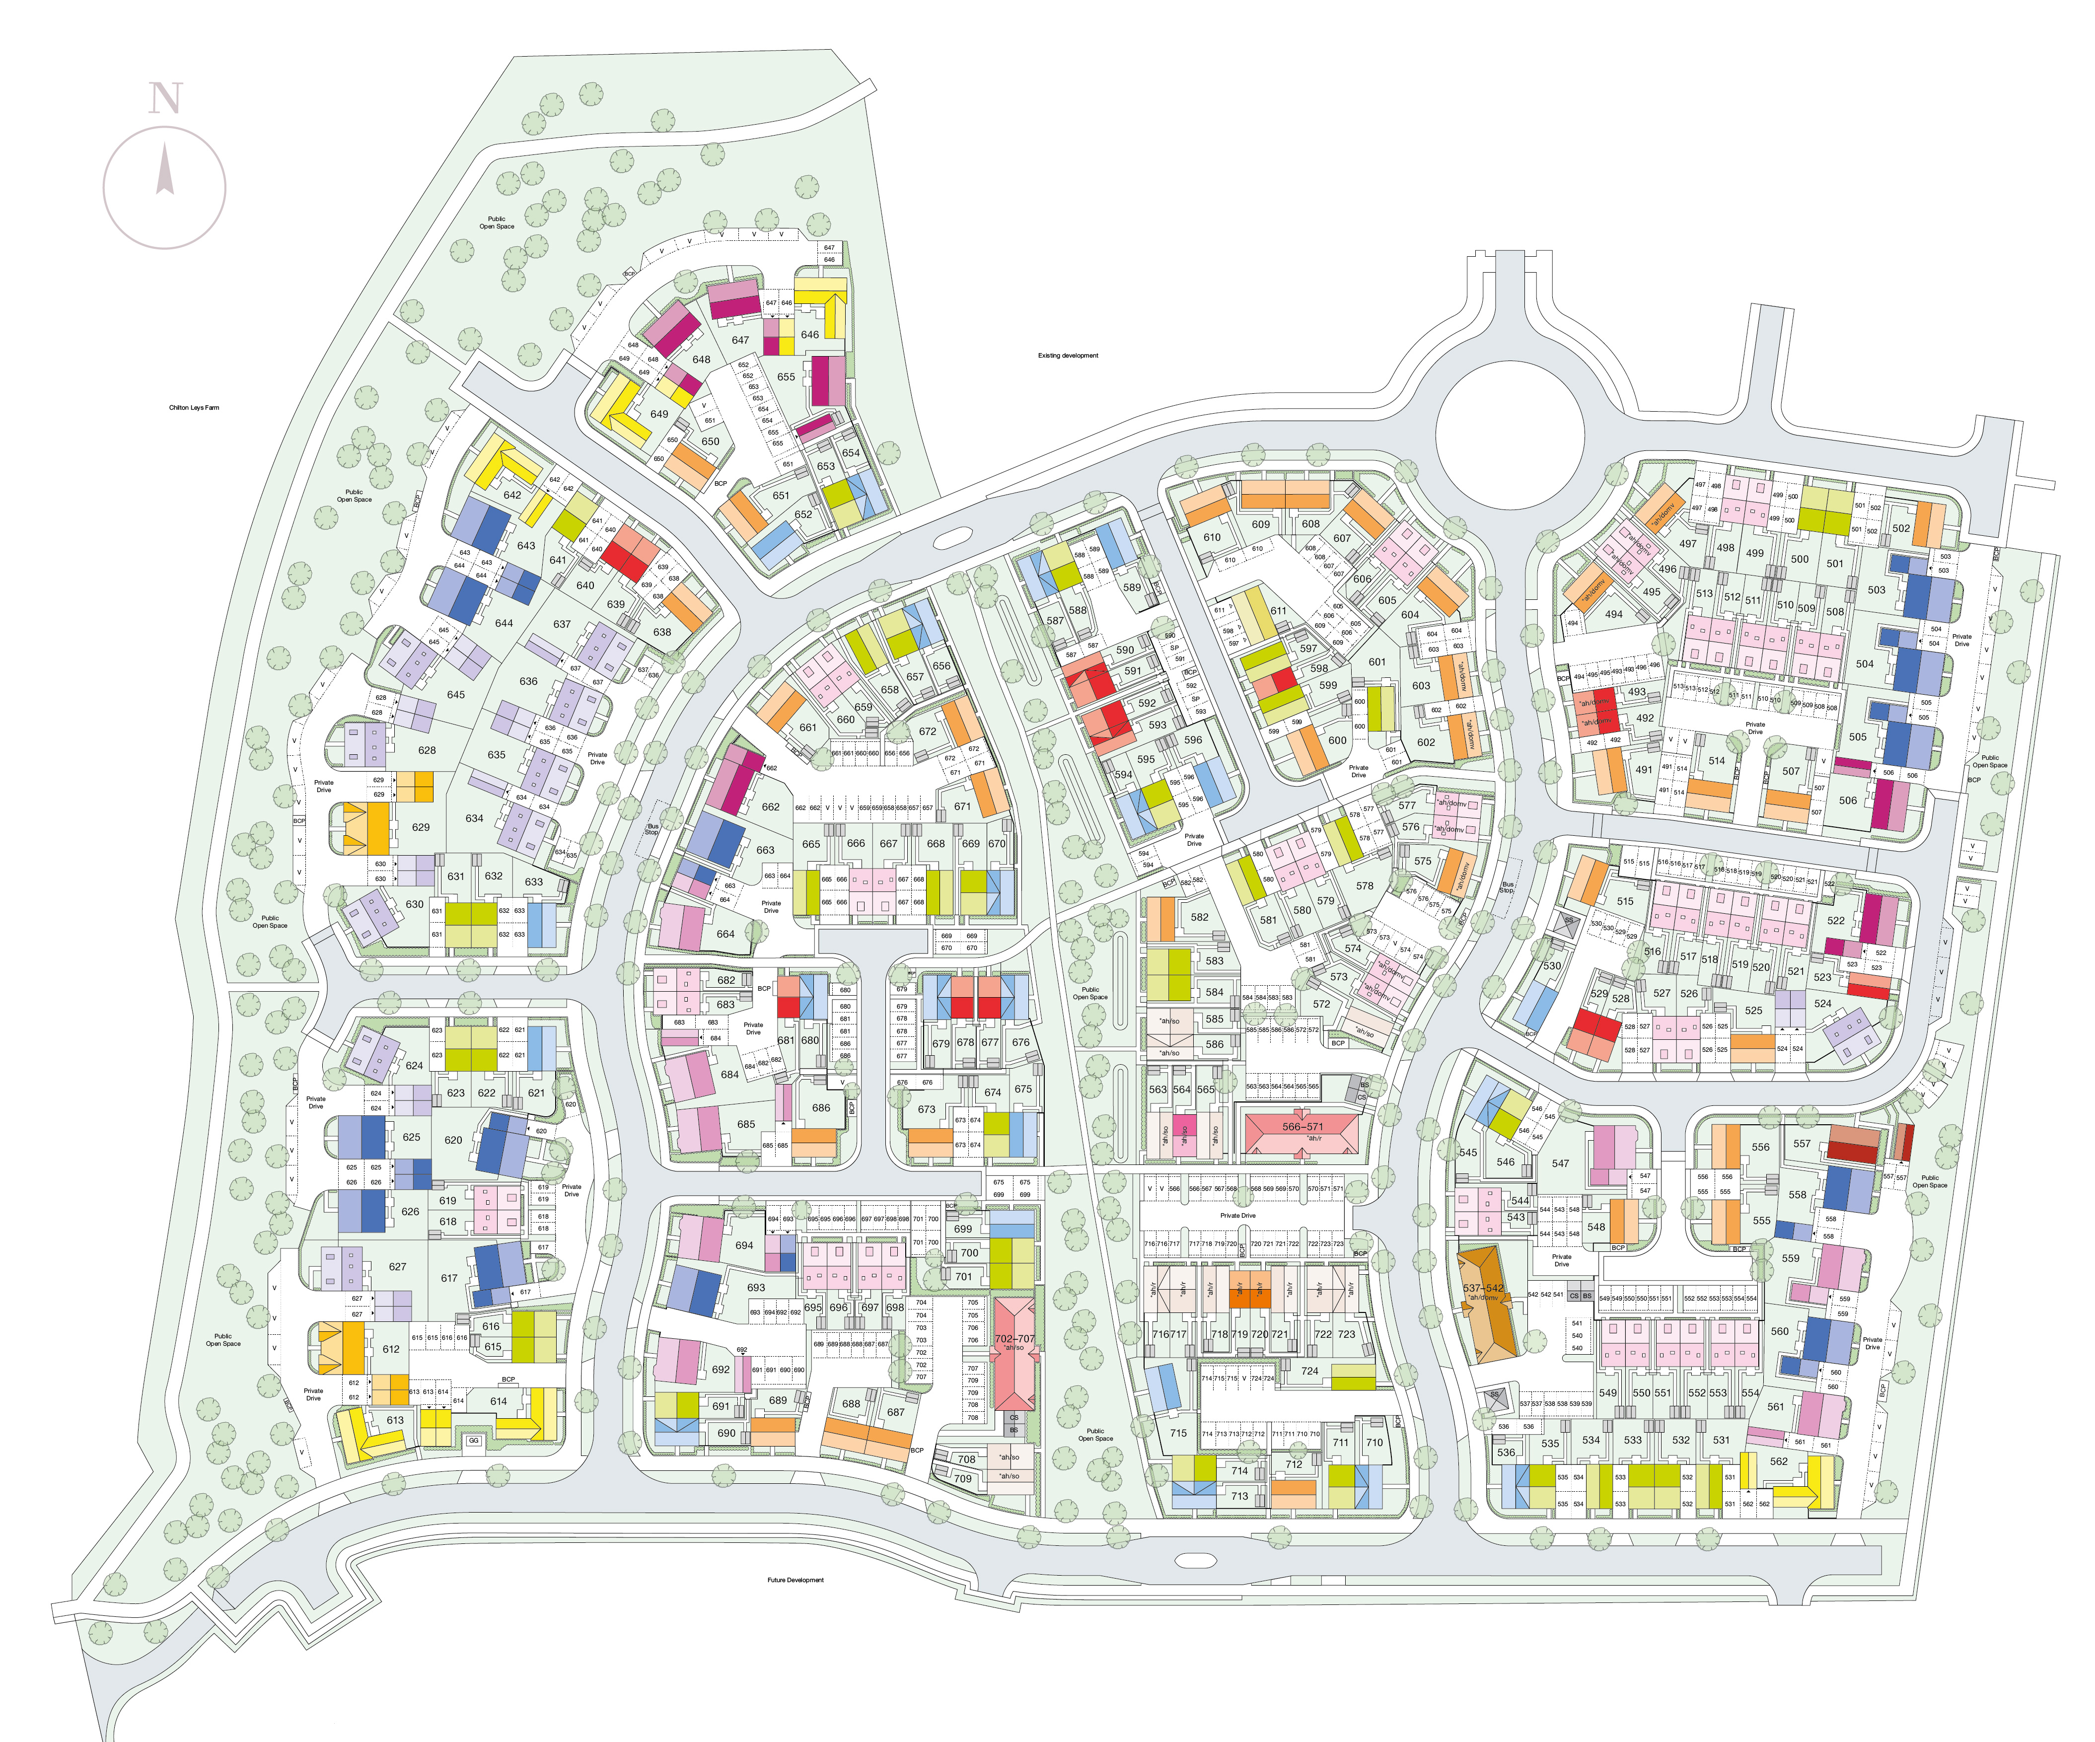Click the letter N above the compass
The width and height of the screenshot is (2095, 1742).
point(166,99)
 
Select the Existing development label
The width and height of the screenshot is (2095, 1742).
point(1068,355)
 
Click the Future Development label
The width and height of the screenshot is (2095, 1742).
point(795,1580)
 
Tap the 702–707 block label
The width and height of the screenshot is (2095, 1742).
point(1014,1339)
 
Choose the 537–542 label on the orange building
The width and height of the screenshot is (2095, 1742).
point(1482,1288)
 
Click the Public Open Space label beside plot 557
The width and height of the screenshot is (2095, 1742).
point(1929,1181)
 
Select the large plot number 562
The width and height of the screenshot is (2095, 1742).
point(1779,1460)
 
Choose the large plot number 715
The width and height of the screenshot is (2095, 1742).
point(1178,1433)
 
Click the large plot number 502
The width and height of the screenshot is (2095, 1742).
point(1901,529)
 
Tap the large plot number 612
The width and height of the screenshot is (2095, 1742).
point(391,1349)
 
